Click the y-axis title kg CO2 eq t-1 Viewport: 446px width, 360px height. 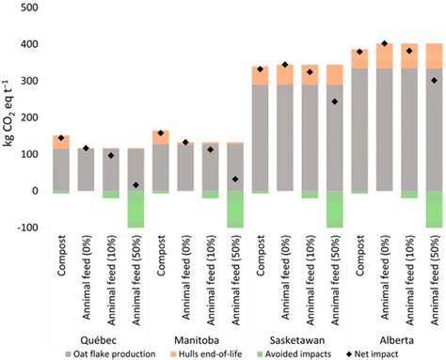tap(10, 117)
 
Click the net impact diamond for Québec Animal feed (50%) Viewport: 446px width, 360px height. tap(137, 185)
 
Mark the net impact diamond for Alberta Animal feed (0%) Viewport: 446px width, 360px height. tap(383, 43)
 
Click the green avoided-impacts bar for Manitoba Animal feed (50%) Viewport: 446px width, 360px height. tap(234, 209)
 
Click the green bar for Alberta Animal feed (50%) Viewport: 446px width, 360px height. tap(432, 209)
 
